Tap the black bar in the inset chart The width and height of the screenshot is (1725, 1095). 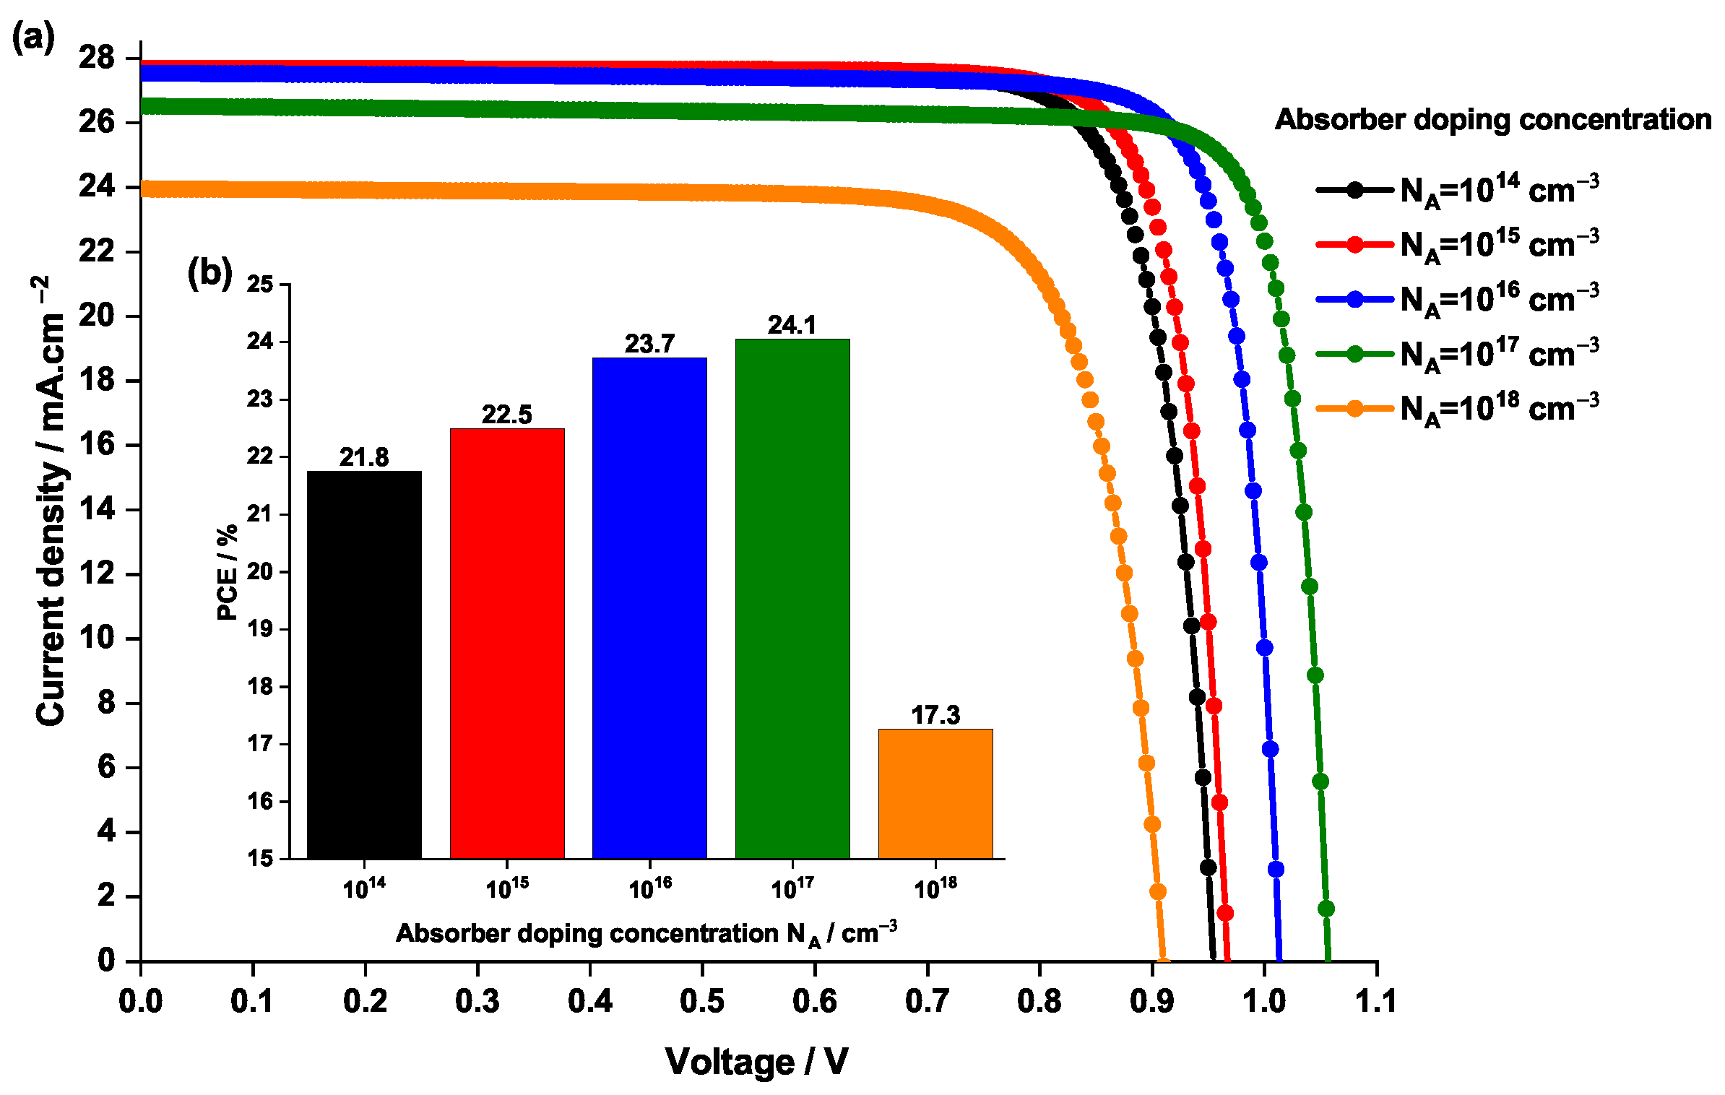(x=364, y=665)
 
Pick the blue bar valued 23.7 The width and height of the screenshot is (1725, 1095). (x=649, y=607)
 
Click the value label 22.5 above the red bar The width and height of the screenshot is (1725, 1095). (x=506, y=415)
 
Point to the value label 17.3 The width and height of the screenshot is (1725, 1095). (x=935, y=715)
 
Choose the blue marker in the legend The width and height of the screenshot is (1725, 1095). (x=1355, y=299)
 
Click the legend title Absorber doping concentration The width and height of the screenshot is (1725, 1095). (x=1492, y=120)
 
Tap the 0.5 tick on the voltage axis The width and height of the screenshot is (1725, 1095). (x=702, y=1001)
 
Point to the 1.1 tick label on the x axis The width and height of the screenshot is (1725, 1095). (x=1376, y=1001)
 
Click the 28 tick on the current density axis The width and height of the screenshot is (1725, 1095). (x=97, y=58)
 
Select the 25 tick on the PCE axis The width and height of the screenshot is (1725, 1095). (x=260, y=285)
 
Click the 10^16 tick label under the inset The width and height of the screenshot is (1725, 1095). (x=650, y=888)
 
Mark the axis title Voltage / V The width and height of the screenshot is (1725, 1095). (x=756, y=1061)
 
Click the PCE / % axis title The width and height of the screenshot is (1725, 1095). (x=227, y=572)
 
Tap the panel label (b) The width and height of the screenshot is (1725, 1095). (x=209, y=273)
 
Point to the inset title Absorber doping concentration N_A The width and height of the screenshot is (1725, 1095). (x=646, y=934)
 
